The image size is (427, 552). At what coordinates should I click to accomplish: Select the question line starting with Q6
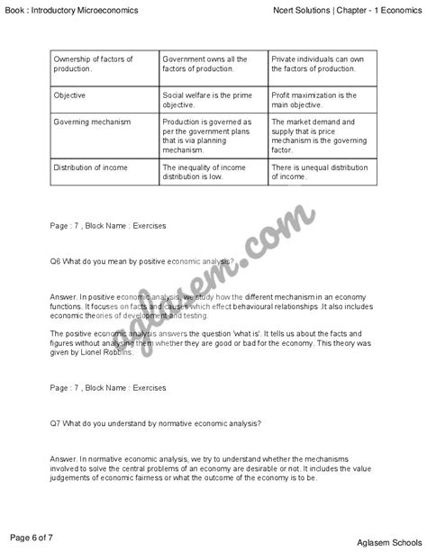pyautogui.click(x=143, y=261)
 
